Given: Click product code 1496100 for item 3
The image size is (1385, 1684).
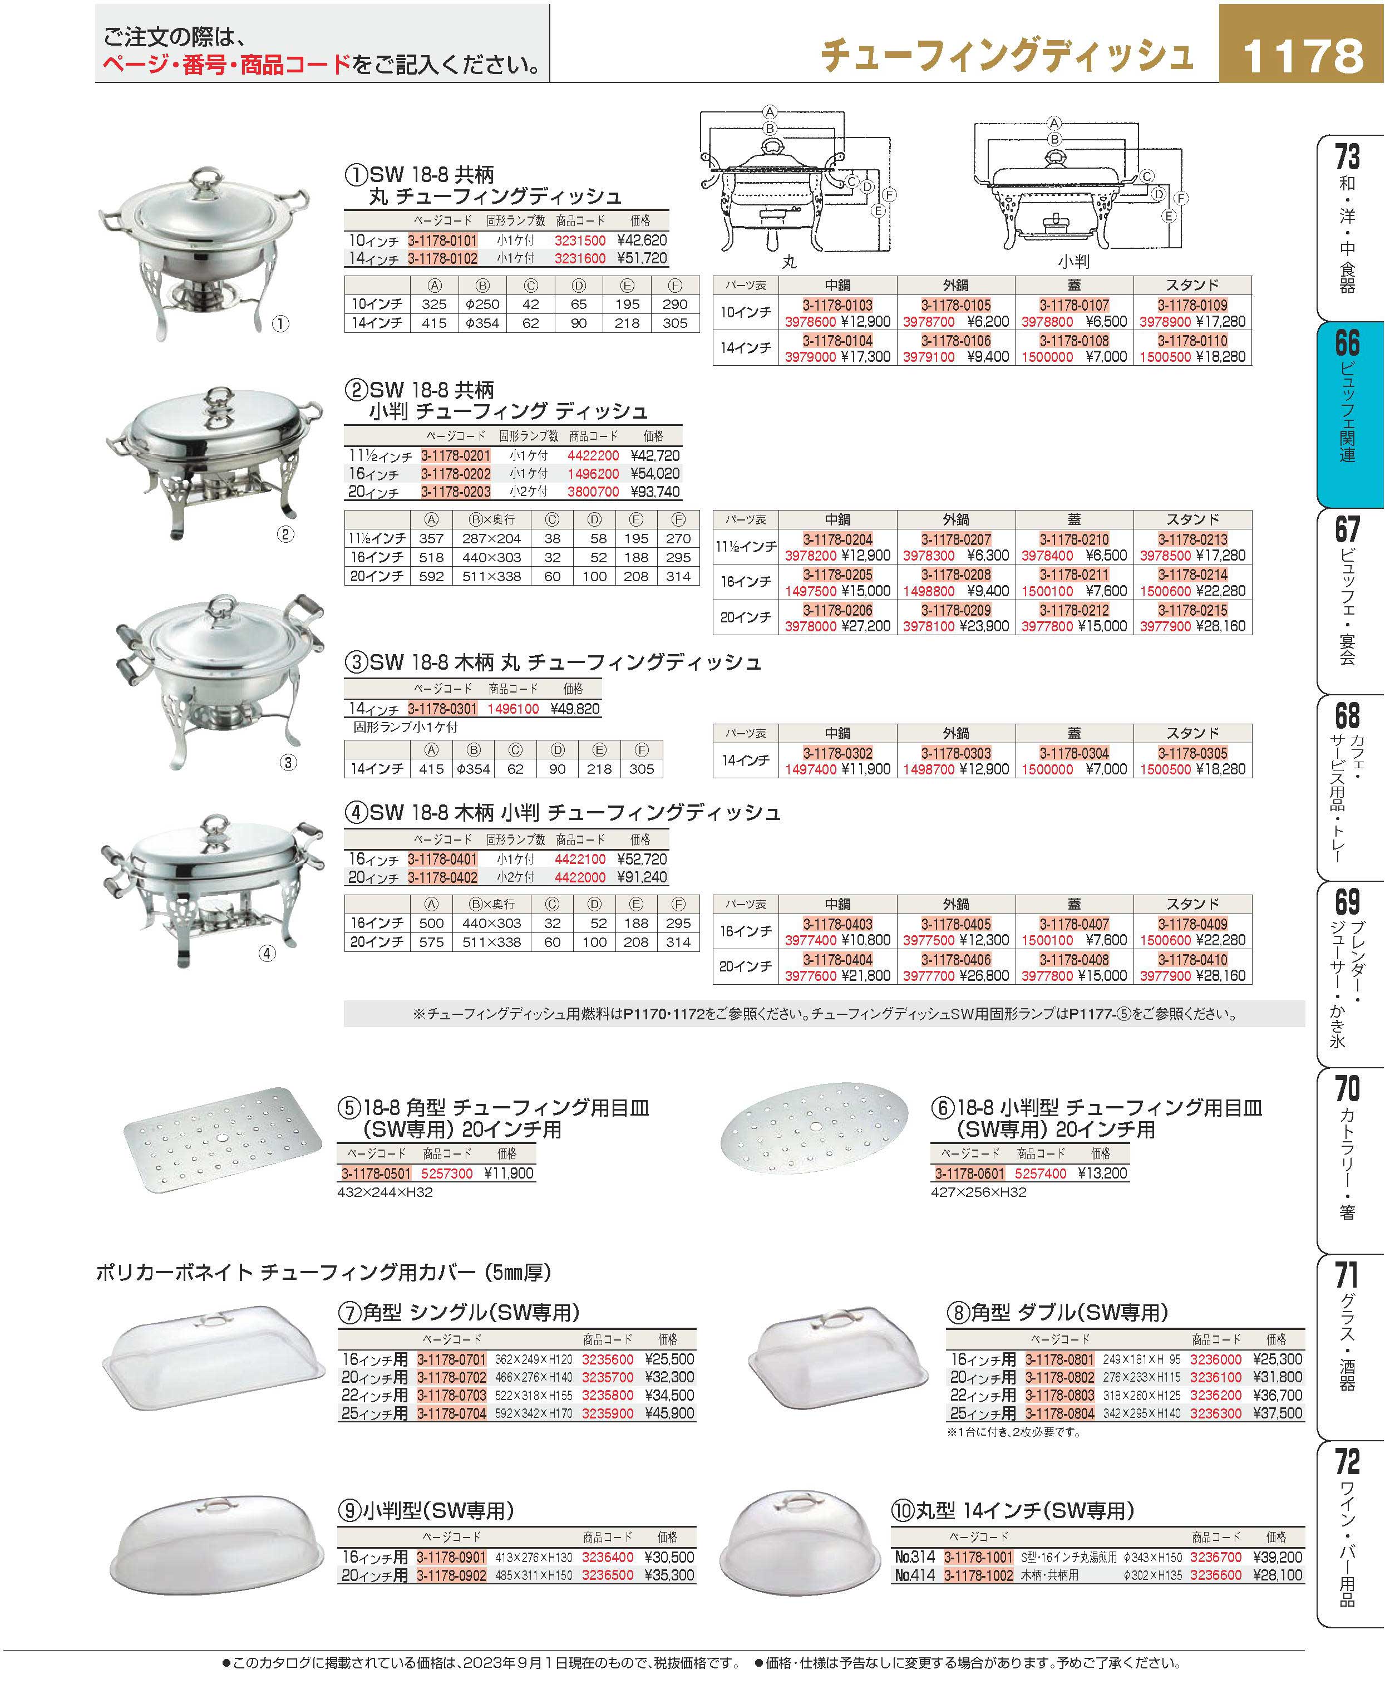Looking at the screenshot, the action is [x=513, y=709].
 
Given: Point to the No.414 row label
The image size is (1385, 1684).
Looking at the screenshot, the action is [x=914, y=1575].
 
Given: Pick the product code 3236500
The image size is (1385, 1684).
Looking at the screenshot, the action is [x=608, y=1575].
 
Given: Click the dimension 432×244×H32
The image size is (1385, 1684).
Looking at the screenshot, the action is [x=386, y=1192].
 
